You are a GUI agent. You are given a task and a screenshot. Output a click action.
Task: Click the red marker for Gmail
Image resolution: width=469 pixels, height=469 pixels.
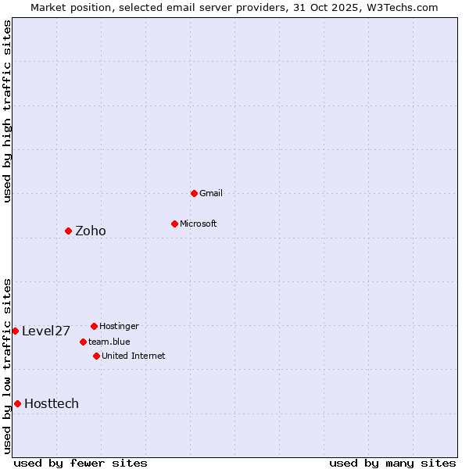(194, 193)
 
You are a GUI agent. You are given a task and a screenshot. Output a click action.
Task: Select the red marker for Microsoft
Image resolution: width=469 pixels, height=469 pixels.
(174, 224)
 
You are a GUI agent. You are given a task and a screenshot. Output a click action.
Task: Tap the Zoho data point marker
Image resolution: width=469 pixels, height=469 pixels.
(68, 231)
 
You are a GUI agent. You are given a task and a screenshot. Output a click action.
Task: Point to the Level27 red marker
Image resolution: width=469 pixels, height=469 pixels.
(15, 331)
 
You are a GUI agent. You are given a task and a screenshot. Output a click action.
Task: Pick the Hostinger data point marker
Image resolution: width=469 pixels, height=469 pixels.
(94, 326)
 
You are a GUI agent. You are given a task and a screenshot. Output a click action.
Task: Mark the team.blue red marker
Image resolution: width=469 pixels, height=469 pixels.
(83, 342)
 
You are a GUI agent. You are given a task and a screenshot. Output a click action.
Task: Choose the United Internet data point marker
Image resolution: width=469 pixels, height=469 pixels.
(96, 356)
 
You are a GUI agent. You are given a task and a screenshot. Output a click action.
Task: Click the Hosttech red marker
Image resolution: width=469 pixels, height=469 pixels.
(17, 403)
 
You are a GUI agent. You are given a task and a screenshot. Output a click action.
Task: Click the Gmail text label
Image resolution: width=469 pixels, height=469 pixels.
(211, 193)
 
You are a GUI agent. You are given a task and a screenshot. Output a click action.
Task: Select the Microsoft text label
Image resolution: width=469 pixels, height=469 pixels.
(199, 224)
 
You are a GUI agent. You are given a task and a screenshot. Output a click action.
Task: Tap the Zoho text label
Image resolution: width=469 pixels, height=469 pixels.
(91, 231)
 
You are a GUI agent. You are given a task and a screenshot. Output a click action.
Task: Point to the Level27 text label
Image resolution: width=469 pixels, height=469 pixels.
(46, 331)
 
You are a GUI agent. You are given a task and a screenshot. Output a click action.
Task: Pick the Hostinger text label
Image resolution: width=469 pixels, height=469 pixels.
(119, 326)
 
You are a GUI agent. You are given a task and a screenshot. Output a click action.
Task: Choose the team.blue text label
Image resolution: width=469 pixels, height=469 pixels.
(109, 342)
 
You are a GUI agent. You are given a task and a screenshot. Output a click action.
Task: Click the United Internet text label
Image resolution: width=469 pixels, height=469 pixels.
(134, 356)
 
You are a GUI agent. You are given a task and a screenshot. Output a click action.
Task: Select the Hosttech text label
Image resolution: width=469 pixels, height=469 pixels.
(52, 403)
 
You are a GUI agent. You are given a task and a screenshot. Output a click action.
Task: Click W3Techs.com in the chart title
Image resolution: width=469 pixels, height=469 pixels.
(403, 7)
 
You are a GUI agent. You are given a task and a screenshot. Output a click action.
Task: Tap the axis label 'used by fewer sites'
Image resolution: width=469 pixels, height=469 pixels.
(81, 463)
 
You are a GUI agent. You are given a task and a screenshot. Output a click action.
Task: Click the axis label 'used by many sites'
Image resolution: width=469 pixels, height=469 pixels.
(392, 463)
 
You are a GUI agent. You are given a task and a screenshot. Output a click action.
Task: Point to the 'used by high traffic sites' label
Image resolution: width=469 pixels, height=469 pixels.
(7, 111)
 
